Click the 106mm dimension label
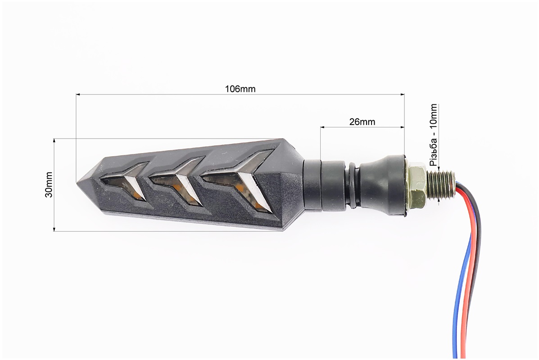point(240,89)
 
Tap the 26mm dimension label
point(362,121)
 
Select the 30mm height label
point(49,185)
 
